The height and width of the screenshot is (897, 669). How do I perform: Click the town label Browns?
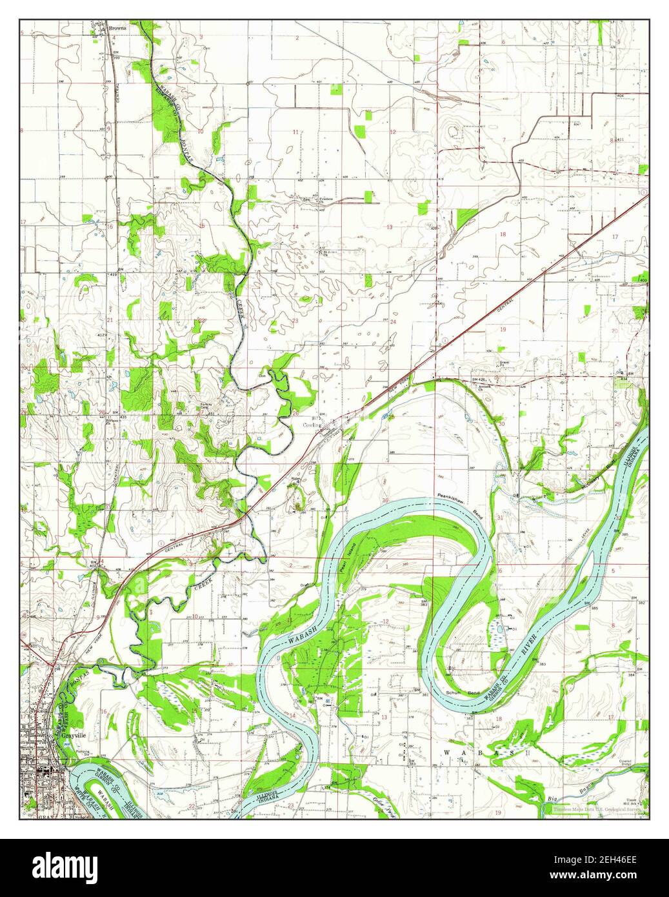(x=117, y=29)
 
